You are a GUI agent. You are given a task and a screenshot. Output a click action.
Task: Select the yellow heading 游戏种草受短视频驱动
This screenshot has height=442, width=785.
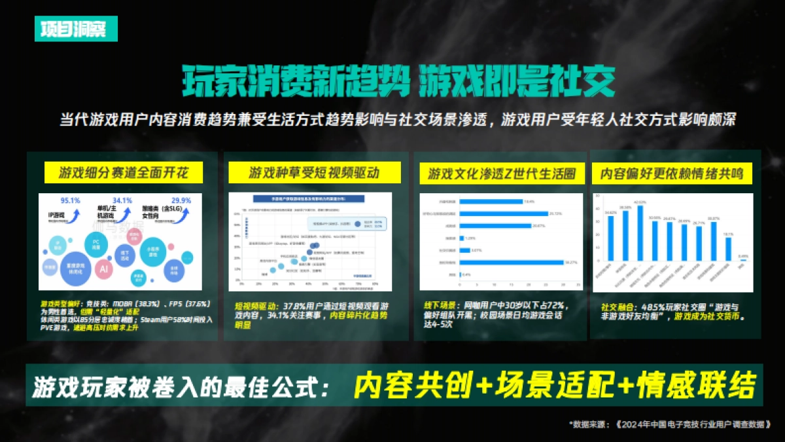314,173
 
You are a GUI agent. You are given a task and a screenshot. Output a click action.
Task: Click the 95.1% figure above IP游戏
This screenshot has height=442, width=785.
70,200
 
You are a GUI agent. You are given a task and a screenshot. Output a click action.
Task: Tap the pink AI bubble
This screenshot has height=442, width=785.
103,268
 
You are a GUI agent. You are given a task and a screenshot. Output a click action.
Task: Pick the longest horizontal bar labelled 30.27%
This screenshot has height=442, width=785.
511,262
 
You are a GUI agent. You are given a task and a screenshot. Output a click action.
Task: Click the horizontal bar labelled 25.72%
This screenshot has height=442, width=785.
504,213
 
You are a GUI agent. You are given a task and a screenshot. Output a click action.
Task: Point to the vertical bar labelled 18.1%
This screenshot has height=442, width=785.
728,249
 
